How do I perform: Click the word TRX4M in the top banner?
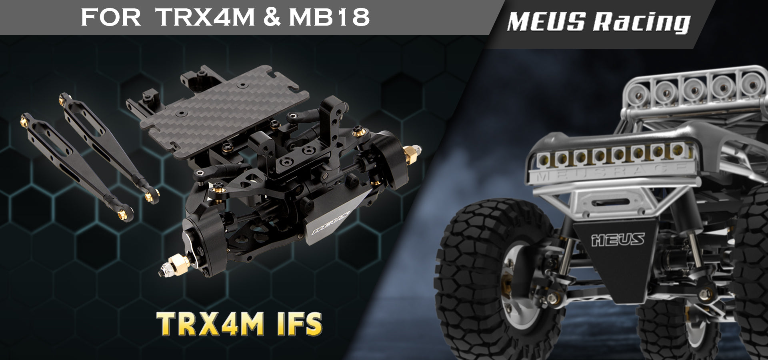pyautogui.click(x=205, y=18)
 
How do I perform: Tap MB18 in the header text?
pyautogui.click(x=329, y=18)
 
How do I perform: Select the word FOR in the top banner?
pyautogui.click(x=111, y=18)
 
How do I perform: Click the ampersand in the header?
pyautogui.click(x=272, y=18)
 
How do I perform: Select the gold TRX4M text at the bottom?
pyautogui.click(x=210, y=323)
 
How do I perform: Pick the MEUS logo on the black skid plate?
pyautogui.click(x=618, y=239)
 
